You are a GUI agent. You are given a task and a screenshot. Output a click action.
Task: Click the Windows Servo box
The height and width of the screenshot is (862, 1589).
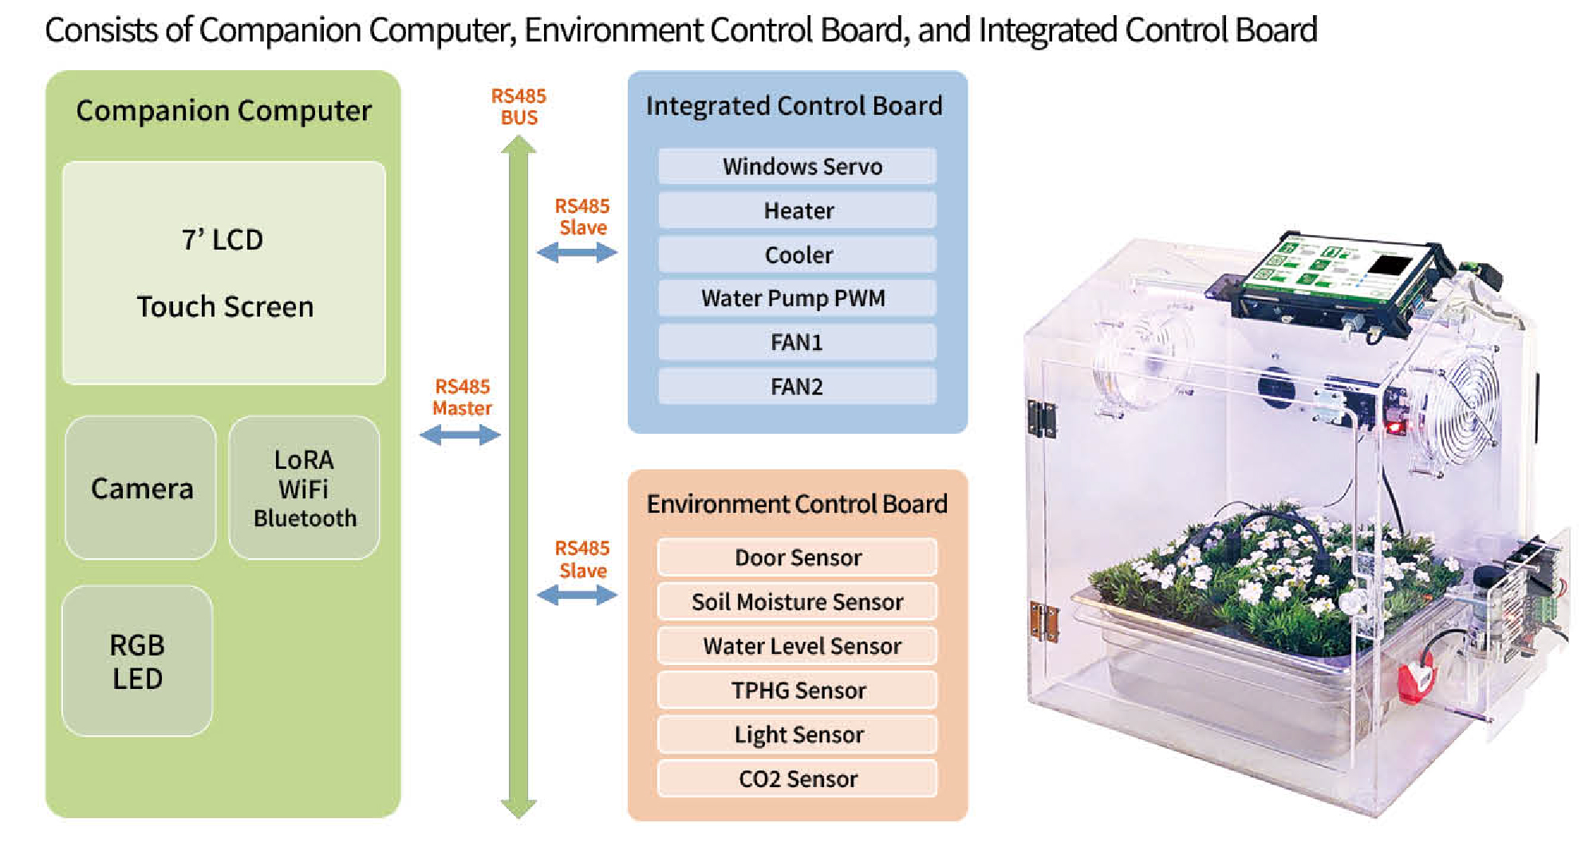797,166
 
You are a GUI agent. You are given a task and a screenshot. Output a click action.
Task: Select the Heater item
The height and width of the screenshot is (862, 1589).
797,211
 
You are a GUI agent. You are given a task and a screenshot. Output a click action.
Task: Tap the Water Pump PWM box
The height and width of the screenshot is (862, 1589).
797,298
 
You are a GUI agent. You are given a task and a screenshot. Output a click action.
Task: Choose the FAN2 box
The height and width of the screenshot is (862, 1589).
797,387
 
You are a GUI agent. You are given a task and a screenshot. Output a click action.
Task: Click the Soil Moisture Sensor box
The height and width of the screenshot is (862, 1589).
797,602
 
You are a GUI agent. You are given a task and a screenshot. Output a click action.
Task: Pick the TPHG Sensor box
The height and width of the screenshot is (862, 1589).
797,691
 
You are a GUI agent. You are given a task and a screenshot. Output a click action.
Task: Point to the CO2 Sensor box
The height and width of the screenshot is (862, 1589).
797,779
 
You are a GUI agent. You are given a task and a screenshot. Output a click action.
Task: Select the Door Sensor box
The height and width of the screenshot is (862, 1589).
797,557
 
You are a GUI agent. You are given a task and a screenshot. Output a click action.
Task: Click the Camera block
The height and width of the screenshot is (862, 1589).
141,488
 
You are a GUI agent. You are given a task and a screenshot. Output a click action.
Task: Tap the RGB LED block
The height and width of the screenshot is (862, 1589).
137,661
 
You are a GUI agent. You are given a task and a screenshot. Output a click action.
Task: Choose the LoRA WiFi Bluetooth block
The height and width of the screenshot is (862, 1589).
304,488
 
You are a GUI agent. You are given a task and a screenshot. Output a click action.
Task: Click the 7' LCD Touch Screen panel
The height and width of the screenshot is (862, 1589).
223,273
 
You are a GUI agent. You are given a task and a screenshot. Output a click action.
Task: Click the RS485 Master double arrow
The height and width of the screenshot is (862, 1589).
460,435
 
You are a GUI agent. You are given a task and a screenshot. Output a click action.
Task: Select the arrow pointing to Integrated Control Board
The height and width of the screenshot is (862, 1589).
577,253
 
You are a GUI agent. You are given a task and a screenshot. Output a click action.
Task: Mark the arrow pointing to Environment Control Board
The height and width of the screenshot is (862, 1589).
577,595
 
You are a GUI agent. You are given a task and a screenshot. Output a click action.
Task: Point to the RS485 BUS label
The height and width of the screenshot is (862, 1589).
518,107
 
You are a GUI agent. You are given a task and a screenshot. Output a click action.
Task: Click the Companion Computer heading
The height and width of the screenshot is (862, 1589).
223,111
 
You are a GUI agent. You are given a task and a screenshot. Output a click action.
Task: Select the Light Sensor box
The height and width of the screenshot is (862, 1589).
797,734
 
